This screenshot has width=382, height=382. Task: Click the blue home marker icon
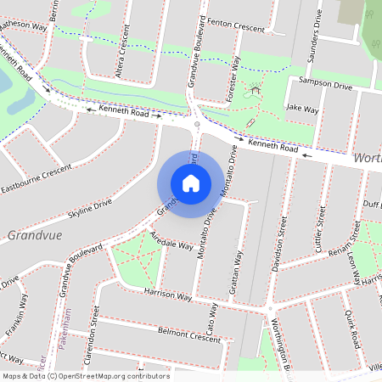click(190, 183)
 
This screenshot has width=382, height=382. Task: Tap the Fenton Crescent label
click(236, 25)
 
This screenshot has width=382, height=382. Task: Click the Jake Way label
click(302, 109)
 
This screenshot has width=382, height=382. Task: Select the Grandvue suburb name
click(36, 234)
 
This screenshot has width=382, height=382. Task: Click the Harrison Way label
click(168, 295)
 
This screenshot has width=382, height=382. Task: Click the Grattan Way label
click(239, 271)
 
